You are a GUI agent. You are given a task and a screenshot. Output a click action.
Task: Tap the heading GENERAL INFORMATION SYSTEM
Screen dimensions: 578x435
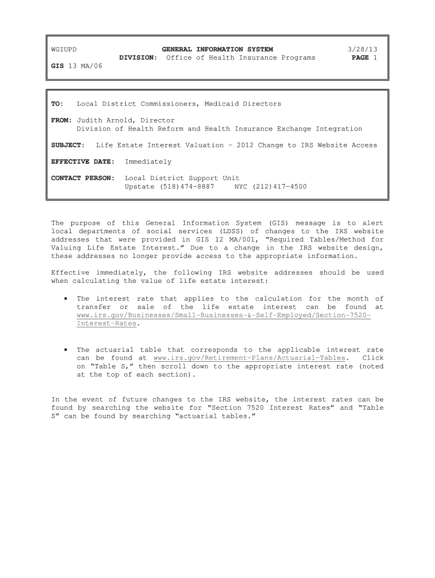217,50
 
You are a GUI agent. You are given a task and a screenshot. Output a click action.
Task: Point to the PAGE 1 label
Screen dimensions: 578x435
364,58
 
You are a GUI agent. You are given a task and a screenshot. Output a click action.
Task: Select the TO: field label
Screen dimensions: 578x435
58,104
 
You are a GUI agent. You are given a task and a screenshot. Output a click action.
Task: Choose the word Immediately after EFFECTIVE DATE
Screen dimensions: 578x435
148,161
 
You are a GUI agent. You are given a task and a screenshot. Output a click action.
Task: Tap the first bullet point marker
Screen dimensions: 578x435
66,299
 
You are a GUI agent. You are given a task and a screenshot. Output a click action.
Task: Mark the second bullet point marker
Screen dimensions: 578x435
66,350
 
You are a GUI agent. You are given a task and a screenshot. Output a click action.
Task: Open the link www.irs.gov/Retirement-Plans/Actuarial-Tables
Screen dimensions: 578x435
249,358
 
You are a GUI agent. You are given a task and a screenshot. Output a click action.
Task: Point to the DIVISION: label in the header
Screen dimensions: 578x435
138,58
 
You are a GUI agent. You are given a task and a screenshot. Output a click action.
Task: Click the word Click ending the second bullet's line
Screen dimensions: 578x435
373,358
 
